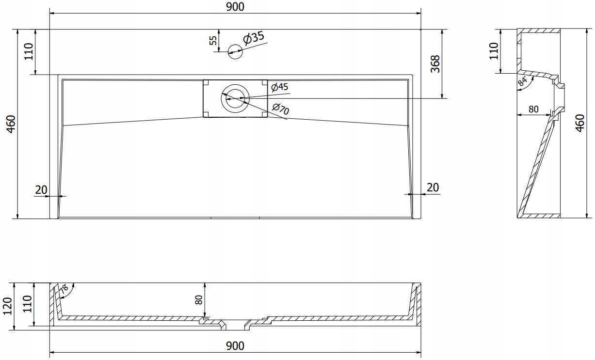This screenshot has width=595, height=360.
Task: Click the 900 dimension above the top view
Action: tap(235, 7)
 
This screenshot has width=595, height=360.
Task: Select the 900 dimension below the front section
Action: tap(235, 346)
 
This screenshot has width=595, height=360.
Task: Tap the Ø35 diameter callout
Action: tap(254, 38)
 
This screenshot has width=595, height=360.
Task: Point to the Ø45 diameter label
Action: tap(280, 87)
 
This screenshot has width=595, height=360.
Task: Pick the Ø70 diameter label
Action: tap(281, 109)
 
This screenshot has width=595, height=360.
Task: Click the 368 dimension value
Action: tap(435, 64)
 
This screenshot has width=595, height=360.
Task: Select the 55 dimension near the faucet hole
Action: tap(213, 40)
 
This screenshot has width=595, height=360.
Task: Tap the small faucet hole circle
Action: tap(235, 51)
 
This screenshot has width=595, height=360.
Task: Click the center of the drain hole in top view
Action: tap(235, 98)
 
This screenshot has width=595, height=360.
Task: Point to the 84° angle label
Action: tap(522, 81)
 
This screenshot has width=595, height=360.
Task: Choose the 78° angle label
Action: tap(64, 289)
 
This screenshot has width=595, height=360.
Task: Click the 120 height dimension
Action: tap(8, 306)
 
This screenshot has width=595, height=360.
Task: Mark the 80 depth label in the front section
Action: tap(199, 300)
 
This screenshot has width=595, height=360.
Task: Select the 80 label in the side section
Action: tap(533, 109)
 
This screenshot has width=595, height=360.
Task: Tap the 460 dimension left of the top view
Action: tap(11, 124)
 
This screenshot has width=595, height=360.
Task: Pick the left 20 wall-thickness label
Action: tap(41, 190)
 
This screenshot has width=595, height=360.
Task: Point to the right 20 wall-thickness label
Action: tap(433, 188)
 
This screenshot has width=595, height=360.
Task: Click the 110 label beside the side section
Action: tap(494, 51)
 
